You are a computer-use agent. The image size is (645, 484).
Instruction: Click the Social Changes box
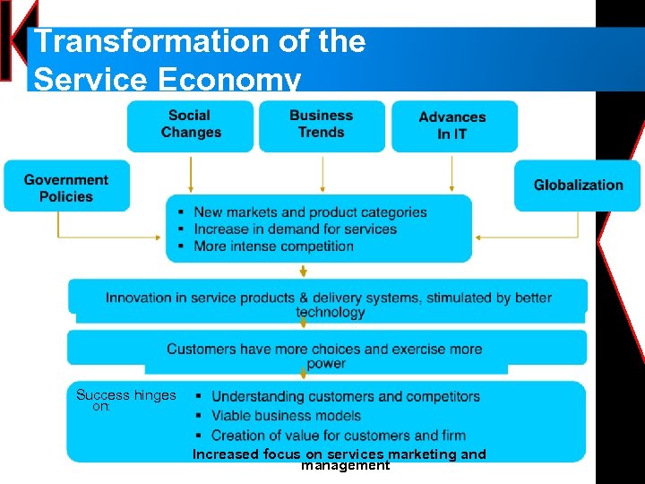point(190,125)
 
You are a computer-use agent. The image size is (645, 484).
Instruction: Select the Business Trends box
point(322,125)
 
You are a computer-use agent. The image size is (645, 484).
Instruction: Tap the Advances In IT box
point(452,125)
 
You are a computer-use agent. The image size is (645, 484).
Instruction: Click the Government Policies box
point(66,188)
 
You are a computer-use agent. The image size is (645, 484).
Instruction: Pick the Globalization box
point(578,186)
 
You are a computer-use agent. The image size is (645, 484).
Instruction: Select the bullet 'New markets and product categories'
point(310,212)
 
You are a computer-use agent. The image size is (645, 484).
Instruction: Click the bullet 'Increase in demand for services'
point(295,229)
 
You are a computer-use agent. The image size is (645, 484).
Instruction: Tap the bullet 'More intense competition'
point(273,246)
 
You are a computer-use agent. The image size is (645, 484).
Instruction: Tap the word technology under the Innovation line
point(331,313)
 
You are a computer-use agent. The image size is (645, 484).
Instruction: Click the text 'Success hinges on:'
point(125,401)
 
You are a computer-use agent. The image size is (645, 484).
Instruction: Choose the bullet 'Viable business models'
point(286,416)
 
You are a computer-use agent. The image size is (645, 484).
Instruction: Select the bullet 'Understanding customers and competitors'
point(345,396)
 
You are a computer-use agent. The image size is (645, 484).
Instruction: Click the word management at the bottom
point(345,466)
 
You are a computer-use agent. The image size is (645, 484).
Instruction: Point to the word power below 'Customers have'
point(326,364)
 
